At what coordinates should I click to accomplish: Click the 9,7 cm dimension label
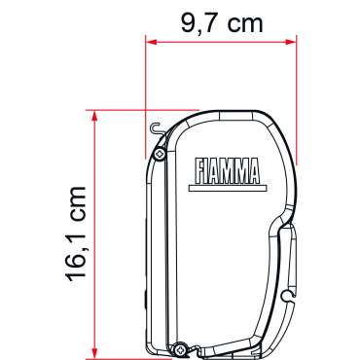(x=222, y=23)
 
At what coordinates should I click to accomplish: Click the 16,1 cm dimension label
(x=76, y=234)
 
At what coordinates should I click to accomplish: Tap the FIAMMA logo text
(x=228, y=171)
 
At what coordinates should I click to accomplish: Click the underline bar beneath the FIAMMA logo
(x=228, y=188)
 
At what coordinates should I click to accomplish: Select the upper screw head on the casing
(x=160, y=154)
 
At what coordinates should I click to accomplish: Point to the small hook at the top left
(x=157, y=128)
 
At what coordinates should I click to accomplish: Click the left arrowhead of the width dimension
(x=151, y=42)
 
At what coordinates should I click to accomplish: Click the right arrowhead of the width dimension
(x=291, y=42)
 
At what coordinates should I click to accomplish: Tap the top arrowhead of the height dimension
(x=94, y=116)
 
